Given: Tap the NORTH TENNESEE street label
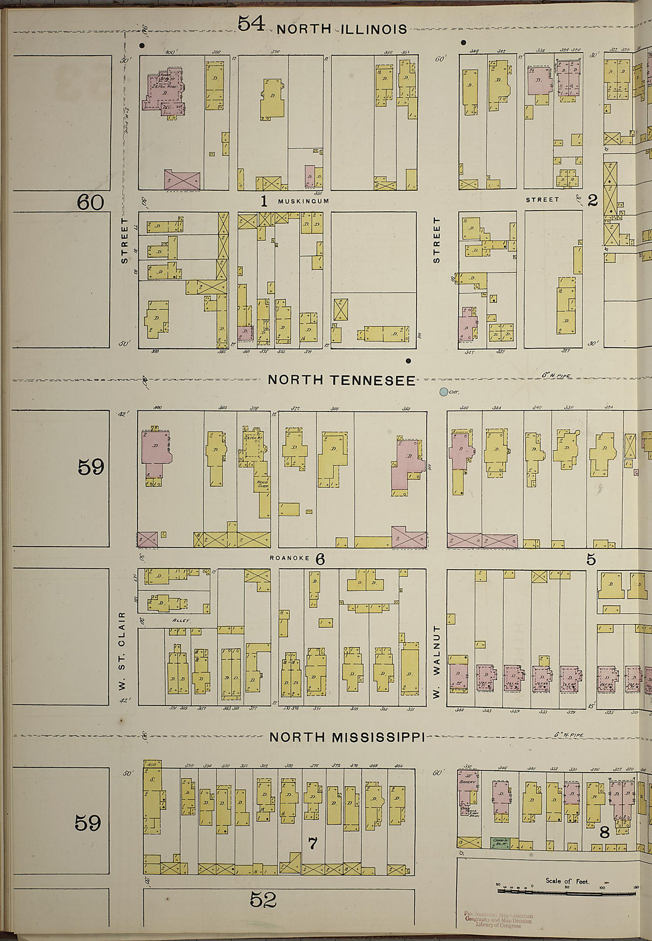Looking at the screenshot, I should coord(341,380).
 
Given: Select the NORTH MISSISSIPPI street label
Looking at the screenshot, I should coord(347,737).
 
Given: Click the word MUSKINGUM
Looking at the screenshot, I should coord(303,202).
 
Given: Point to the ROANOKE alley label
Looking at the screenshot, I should coord(287,559).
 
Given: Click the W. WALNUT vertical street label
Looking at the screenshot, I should coord(437,661).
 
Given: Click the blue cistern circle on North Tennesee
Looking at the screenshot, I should coord(443,392).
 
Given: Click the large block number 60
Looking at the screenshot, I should coord(90,203).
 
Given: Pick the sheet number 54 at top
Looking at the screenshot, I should coord(251,23).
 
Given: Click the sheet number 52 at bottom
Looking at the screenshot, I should coord(263,900).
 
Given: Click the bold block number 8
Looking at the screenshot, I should coord(604,832).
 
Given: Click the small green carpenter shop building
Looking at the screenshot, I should coord(501,841).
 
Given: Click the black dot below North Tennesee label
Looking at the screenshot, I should coord(408,360).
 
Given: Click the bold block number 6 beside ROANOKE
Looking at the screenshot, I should coord(320,559).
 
